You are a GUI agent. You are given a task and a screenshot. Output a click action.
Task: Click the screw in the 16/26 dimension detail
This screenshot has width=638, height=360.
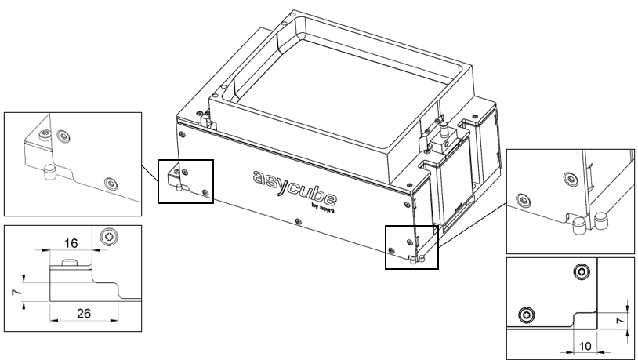pos(110,236)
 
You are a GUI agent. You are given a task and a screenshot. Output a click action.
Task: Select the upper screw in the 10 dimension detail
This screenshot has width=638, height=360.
pos(581,271)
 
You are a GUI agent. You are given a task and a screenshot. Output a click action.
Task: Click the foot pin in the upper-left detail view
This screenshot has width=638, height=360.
pos(49,170)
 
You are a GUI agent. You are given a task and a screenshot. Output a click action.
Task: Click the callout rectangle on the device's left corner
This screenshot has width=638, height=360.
pos(185,181)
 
